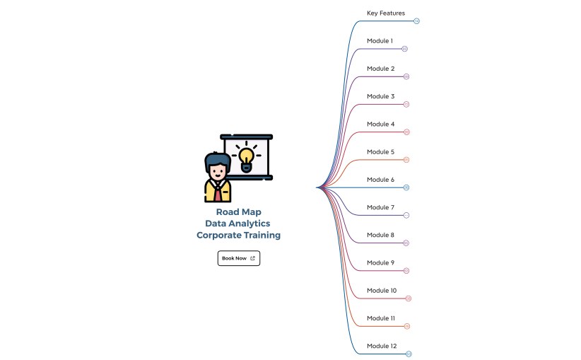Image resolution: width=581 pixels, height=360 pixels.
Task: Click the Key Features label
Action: coord(385,13)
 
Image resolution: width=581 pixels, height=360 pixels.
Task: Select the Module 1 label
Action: coord(380,41)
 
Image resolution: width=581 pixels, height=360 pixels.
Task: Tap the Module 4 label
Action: coord(380,124)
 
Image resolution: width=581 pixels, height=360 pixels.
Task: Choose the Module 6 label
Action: coord(380,180)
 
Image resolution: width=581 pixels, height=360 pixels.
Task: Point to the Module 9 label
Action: coord(380,263)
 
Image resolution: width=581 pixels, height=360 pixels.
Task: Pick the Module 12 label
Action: coord(382,346)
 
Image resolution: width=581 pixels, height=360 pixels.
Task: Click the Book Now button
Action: coord(238,258)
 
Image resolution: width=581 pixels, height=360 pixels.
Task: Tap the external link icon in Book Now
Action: coord(252,258)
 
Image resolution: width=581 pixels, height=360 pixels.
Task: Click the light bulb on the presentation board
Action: coord(246,156)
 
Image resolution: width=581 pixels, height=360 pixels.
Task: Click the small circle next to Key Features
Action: coord(417,21)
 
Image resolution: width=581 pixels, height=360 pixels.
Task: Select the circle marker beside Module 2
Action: coord(406,76)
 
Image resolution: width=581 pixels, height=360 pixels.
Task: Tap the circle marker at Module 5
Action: coord(406,160)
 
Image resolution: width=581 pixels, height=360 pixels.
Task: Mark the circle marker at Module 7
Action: coord(406,215)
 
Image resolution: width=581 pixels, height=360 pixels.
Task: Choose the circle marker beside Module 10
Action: coord(409,298)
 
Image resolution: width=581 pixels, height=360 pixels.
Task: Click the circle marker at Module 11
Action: coord(407,326)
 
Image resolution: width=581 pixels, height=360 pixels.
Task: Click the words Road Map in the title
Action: coord(238,211)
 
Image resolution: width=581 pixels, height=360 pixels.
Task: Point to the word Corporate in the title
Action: coord(219,235)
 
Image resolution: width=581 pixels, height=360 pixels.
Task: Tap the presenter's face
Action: coord(218,172)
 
